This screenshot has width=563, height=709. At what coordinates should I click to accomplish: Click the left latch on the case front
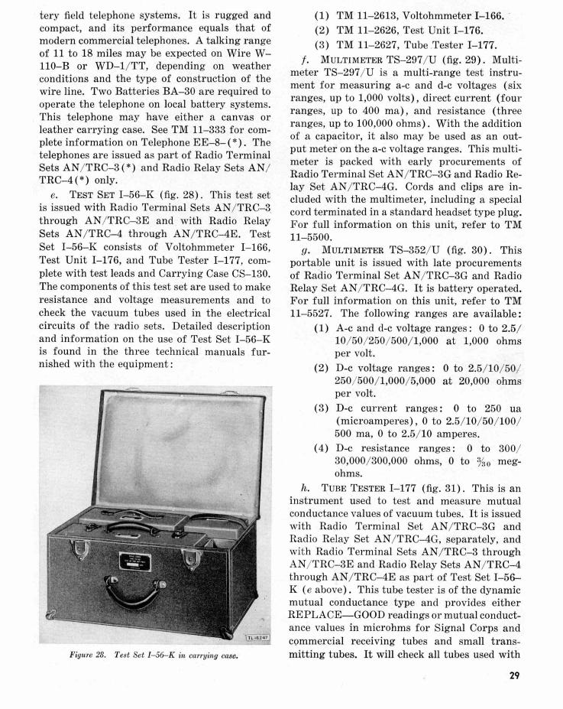(79, 547)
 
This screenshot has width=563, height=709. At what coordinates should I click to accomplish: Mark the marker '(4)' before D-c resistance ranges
(322, 449)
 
